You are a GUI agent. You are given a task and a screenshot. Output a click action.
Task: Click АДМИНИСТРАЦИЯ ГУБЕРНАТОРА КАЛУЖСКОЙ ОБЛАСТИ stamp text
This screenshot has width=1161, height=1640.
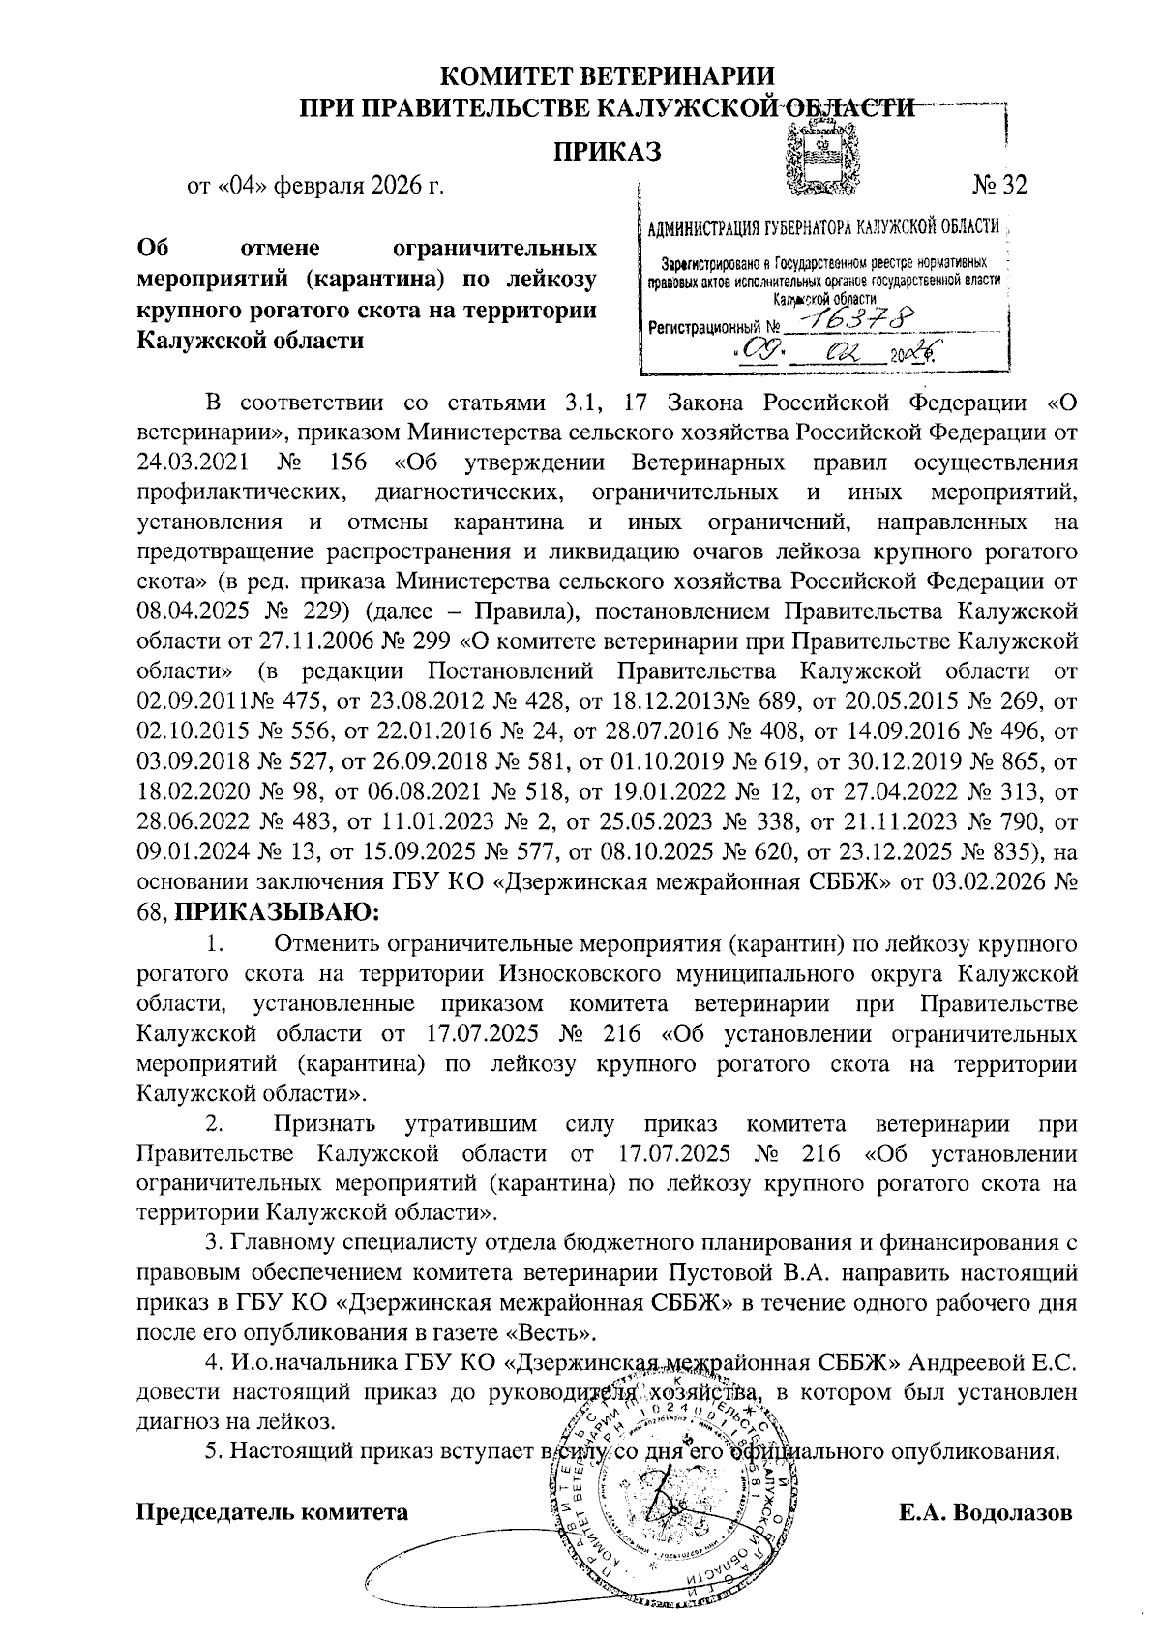(822, 228)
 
